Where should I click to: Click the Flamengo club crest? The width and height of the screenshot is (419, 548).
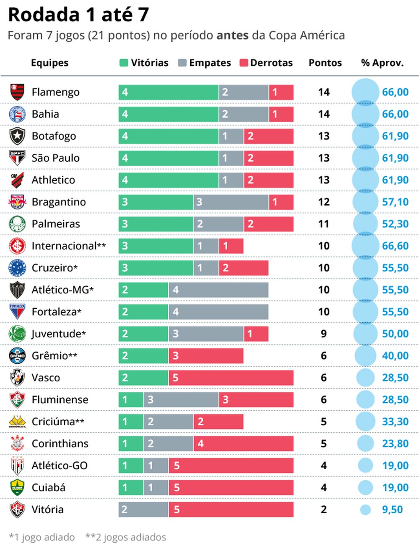pyautogui.click(x=17, y=92)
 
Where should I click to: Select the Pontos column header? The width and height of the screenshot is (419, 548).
pyautogui.click(x=325, y=63)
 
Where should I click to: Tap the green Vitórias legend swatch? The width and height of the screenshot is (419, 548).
pyautogui.click(x=124, y=63)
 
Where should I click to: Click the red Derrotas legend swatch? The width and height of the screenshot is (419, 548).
pyautogui.click(x=244, y=63)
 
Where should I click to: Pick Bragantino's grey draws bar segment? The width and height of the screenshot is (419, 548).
pyautogui.click(x=231, y=202)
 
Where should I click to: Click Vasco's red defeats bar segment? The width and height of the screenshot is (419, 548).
pyautogui.click(x=231, y=378)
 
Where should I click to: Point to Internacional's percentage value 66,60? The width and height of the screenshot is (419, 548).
pyautogui.click(x=395, y=246)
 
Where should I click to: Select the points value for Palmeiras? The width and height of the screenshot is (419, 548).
pyautogui.click(x=323, y=224)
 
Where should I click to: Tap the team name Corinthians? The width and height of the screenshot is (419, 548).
pyautogui.click(x=60, y=444)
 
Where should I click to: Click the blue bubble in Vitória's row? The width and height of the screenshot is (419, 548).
pyautogui.click(x=365, y=509)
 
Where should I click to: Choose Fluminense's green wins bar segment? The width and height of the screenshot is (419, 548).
pyautogui.click(x=131, y=400)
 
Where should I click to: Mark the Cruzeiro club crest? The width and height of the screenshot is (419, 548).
pyautogui.click(x=17, y=268)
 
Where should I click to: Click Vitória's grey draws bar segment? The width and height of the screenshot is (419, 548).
pyautogui.click(x=143, y=509)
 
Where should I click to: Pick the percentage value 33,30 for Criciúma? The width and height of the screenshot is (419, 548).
pyautogui.click(x=395, y=422)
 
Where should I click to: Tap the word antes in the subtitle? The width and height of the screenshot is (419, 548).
pyautogui.click(x=232, y=36)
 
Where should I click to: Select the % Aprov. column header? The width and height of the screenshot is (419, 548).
pyautogui.click(x=382, y=63)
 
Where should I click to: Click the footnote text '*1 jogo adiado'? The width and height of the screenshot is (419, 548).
pyautogui.click(x=42, y=537)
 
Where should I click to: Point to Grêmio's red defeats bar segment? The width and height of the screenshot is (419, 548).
pyautogui.click(x=206, y=356)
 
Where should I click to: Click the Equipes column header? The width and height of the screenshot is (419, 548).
pyautogui.click(x=49, y=63)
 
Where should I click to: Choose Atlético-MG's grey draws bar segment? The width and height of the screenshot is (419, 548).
pyautogui.click(x=218, y=290)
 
